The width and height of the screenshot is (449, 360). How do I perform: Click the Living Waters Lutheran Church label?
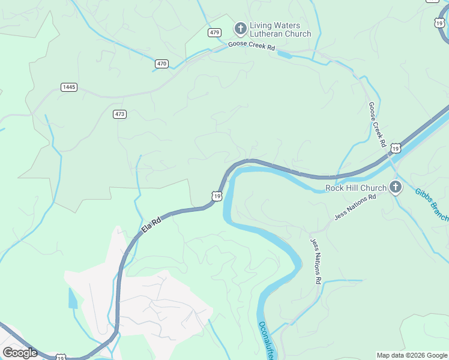pos(280,30)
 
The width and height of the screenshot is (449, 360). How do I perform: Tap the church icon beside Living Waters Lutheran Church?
pos(240,29)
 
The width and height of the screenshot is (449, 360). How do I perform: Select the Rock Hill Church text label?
pos(356,188)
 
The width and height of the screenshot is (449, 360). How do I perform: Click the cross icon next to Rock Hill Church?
pos(395,187)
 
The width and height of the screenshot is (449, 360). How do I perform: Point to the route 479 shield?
pos(214,32)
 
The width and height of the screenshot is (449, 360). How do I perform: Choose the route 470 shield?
pos(161,64)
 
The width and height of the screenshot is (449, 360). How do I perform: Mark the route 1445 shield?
pos(69,87)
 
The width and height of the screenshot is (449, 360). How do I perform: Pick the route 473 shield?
pos(119,113)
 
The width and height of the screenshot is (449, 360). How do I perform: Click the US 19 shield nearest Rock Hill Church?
pos(394,148)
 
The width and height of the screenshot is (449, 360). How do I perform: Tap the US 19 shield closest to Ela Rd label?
pos(217,196)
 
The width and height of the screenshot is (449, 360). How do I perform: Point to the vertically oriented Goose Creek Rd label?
pos(376,125)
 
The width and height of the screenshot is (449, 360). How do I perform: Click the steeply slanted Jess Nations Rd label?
pos(316,262)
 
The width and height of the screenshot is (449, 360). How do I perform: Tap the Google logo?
pos(20,353)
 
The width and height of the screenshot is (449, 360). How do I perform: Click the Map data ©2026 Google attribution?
pos(412,355)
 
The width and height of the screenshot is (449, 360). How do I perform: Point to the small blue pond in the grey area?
pos(73,298)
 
